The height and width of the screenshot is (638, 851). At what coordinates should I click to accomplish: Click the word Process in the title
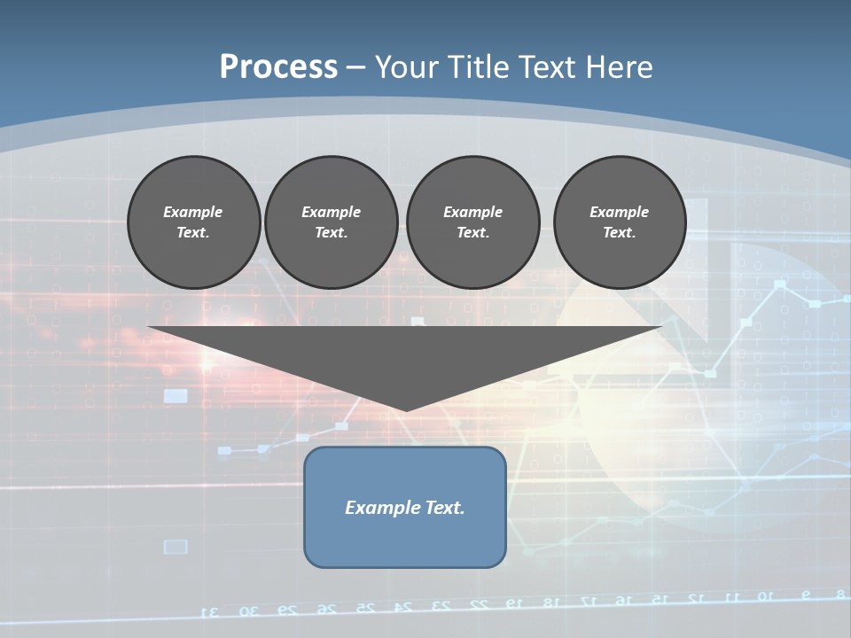pyautogui.click(x=278, y=66)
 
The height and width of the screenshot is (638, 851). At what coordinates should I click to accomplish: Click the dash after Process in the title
pyautogui.click(x=356, y=68)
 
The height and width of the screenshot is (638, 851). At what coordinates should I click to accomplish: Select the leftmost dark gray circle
pyautogui.click(x=194, y=222)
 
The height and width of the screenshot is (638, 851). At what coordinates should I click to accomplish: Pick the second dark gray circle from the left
pyautogui.click(x=332, y=222)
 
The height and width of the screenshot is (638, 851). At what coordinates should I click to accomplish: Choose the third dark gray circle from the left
pyautogui.click(x=473, y=222)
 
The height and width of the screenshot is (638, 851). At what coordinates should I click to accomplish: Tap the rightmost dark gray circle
pyautogui.click(x=620, y=222)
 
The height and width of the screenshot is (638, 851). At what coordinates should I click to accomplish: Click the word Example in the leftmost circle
pyautogui.click(x=193, y=212)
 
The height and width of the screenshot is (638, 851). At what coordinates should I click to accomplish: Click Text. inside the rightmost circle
pyautogui.click(x=620, y=233)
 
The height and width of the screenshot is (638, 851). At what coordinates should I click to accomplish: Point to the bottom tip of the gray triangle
pyautogui.click(x=406, y=409)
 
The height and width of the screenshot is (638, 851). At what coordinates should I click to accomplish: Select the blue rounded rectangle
pyautogui.click(x=405, y=507)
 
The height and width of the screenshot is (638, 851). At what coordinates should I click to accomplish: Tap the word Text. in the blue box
pyautogui.click(x=444, y=508)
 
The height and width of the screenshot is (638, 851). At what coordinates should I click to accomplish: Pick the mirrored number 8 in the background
pyautogui.click(x=839, y=593)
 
